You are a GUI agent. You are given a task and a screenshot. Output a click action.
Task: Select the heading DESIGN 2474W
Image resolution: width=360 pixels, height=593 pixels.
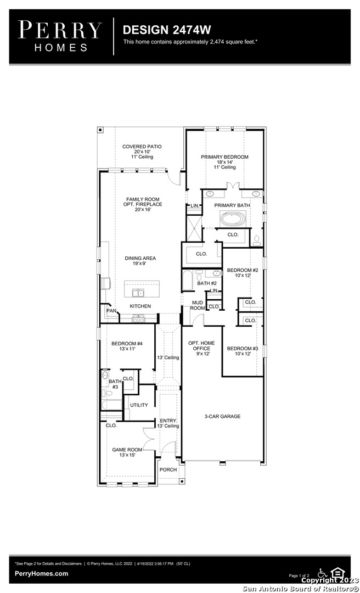coord(167,30)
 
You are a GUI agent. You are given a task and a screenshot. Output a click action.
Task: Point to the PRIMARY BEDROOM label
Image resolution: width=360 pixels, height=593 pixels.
coord(224,157)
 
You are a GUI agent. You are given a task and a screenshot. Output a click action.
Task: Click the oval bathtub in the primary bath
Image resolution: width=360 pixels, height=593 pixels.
coord(233,219)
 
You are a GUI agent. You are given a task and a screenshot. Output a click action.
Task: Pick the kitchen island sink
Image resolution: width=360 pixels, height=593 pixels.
coord(138,293)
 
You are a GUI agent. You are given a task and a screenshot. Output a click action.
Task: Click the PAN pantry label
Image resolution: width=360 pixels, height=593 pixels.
coord(111,311)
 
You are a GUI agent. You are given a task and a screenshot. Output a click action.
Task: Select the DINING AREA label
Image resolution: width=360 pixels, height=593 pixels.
coord(140,258)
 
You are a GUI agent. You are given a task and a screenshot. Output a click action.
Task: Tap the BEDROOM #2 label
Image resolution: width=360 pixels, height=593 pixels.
coord(243,270)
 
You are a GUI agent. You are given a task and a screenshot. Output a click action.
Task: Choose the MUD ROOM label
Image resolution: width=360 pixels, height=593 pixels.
coord(198,305)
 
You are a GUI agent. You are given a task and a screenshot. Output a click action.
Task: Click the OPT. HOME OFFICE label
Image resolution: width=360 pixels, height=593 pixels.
coord(201,346)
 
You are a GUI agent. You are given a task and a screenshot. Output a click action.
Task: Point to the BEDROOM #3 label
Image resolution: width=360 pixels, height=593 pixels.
coord(243,348)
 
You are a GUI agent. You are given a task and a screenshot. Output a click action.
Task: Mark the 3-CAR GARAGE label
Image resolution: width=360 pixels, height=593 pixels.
coord(222,416)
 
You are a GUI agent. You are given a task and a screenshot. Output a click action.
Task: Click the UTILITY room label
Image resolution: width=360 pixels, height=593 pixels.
coord(139,405)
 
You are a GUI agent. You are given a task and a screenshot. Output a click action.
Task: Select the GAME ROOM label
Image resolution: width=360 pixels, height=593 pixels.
coord(127,450)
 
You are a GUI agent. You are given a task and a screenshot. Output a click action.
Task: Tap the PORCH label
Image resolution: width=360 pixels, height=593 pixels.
coord(168,469)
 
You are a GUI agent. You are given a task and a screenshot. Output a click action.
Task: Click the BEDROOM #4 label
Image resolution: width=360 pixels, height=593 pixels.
coord(127,344)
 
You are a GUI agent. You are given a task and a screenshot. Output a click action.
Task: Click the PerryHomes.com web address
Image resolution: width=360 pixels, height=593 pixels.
coord(42,574)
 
